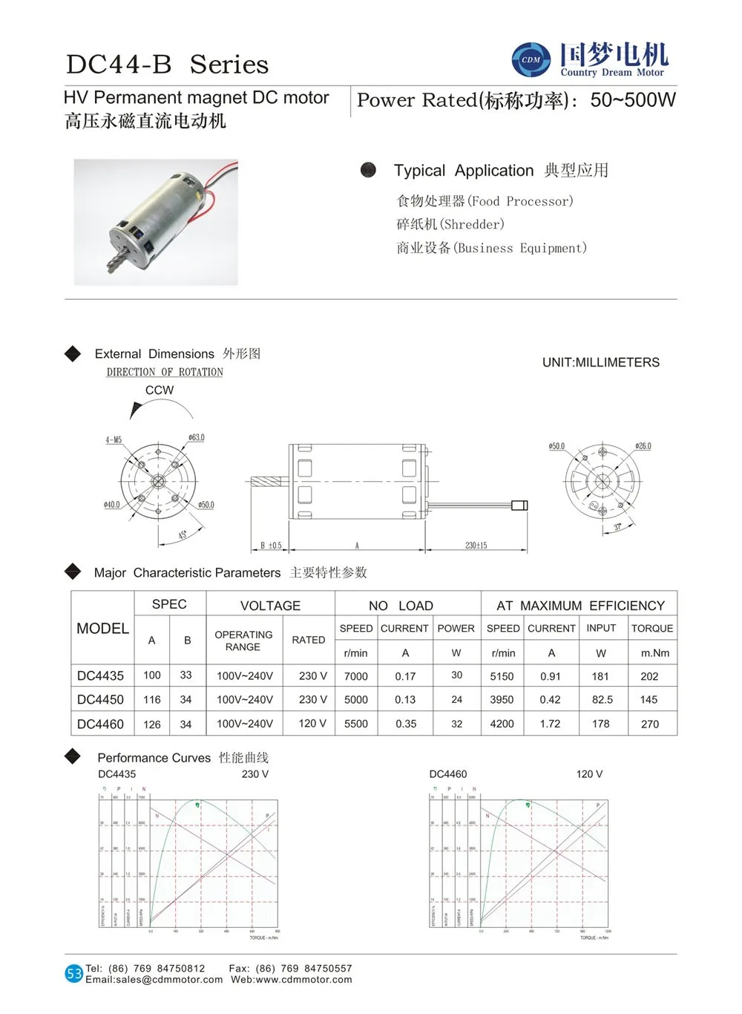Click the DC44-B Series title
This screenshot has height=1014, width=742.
pyautogui.click(x=167, y=65)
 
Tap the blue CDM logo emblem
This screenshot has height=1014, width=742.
pyautogui.click(x=531, y=59)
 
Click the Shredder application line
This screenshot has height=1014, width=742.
pyautogui.click(x=450, y=224)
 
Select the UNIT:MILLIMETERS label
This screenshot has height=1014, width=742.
pyautogui.click(x=600, y=362)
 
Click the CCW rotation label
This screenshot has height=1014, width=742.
pyautogui.click(x=160, y=390)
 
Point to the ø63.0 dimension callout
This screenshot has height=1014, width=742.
pyautogui.click(x=197, y=438)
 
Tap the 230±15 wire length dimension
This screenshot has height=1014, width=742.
pyautogui.click(x=476, y=546)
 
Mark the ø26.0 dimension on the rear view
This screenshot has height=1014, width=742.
pyautogui.click(x=643, y=446)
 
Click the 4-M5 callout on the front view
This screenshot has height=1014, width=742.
pyautogui.click(x=114, y=440)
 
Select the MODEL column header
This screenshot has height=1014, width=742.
pyautogui.click(x=102, y=629)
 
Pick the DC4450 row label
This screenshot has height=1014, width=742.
pyautogui.click(x=100, y=700)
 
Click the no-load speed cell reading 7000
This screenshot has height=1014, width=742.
pyautogui.click(x=356, y=676)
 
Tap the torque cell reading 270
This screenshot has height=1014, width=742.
pyautogui.click(x=650, y=724)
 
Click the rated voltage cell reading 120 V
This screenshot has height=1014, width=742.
pyautogui.click(x=312, y=723)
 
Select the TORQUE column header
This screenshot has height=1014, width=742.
pyautogui.click(x=652, y=628)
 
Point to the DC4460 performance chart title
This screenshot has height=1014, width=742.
pyautogui.click(x=448, y=774)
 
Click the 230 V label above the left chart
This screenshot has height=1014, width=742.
pyautogui.click(x=255, y=774)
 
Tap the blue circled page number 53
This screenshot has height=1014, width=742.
pyautogui.click(x=74, y=974)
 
